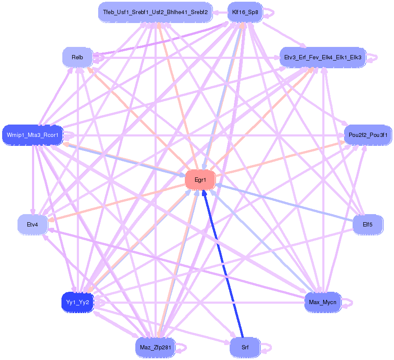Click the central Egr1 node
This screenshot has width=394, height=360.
pos(200,180)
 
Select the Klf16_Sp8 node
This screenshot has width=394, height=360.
pos(245,12)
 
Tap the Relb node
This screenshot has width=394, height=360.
pos(77,57)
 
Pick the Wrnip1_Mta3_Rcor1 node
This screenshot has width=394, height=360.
pos(33,135)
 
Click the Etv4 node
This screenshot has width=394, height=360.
pos(32,224)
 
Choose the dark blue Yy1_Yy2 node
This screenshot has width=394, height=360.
pos(77,302)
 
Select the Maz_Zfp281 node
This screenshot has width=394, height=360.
pos(155,347)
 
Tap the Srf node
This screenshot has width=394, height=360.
pos(245,347)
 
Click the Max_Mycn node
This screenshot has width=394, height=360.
pos(323,302)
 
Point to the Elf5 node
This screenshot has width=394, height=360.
pos(368,224)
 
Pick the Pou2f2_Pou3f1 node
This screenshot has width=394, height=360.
pos(368,135)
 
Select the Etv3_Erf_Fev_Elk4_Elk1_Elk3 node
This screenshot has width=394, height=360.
pos(323,57)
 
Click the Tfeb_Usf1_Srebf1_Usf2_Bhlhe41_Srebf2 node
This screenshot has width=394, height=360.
pos(155,12)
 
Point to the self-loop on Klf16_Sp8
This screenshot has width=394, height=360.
pos(269,12)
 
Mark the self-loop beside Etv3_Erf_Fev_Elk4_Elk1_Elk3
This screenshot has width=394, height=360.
pos(373,57)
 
